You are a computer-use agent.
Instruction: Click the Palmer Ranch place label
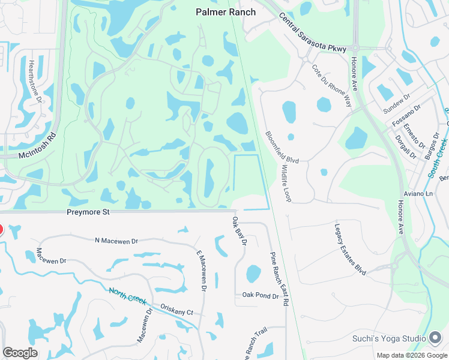click(226, 12)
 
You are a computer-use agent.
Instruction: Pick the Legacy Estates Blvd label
click(350, 250)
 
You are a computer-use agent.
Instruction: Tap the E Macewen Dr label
click(201, 271)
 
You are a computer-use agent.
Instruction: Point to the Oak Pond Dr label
click(260, 296)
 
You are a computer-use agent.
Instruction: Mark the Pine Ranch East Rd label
click(279, 278)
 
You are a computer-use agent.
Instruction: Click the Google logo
click(20, 353)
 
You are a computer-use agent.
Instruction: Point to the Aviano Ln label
click(420, 194)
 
